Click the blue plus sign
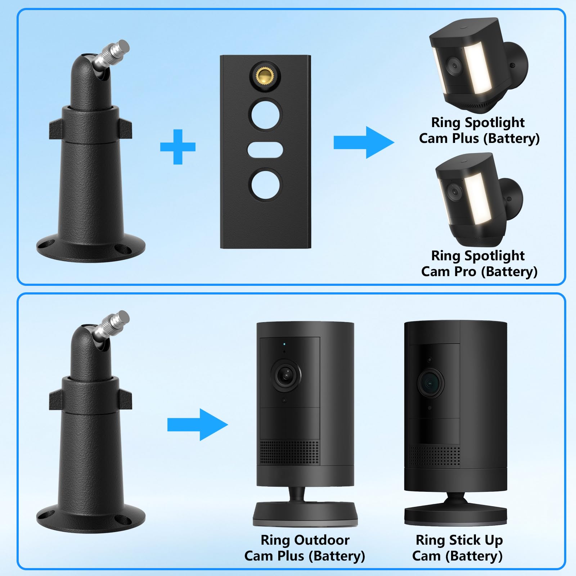(178, 147)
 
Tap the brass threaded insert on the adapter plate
(265, 76)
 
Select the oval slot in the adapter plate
(265, 149)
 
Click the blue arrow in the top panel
(364, 142)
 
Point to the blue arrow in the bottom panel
(198, 425)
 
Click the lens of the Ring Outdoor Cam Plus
(286, 376)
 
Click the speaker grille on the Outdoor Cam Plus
(289, 452)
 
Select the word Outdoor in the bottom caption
(321, 540)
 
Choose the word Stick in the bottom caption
(465, 540)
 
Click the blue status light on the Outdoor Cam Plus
(284, 343)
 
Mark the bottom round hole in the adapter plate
(265, 184)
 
